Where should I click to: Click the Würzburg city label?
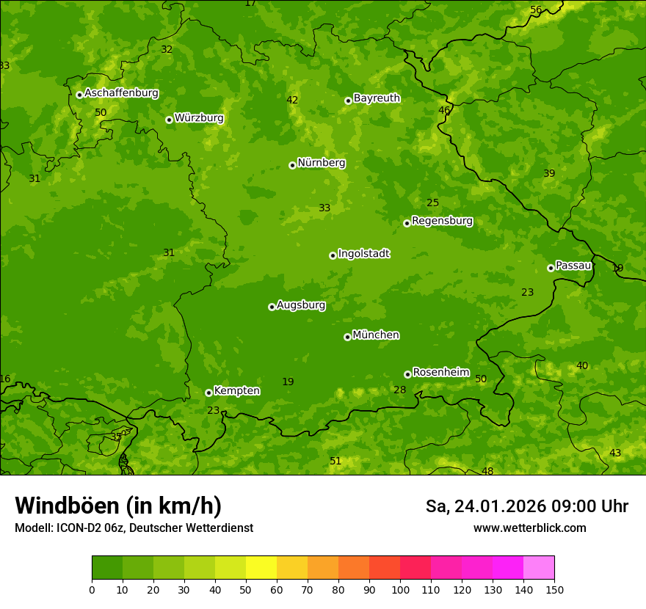click(198, 118)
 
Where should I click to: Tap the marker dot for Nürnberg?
click(292, 165)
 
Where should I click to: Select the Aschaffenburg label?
click(121, 93)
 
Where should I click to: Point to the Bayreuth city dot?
click(348, 101)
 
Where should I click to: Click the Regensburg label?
click(442, 221)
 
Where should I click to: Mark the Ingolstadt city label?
click(363, 254)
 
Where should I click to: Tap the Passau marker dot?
click(551, 268)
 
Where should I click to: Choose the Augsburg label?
click(301, 305)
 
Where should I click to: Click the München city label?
click(376, 335)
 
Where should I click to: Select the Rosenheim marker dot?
click(407, 374)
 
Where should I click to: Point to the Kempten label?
click(236, 391)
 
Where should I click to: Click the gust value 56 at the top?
click(536, 10)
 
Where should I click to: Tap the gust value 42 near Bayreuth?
click(292, 100)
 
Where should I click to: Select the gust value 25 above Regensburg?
click(432, 203)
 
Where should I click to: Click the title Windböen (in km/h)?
click(117, 506)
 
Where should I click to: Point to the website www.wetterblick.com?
click(529, 528)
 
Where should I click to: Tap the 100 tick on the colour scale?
click(400, 589)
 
